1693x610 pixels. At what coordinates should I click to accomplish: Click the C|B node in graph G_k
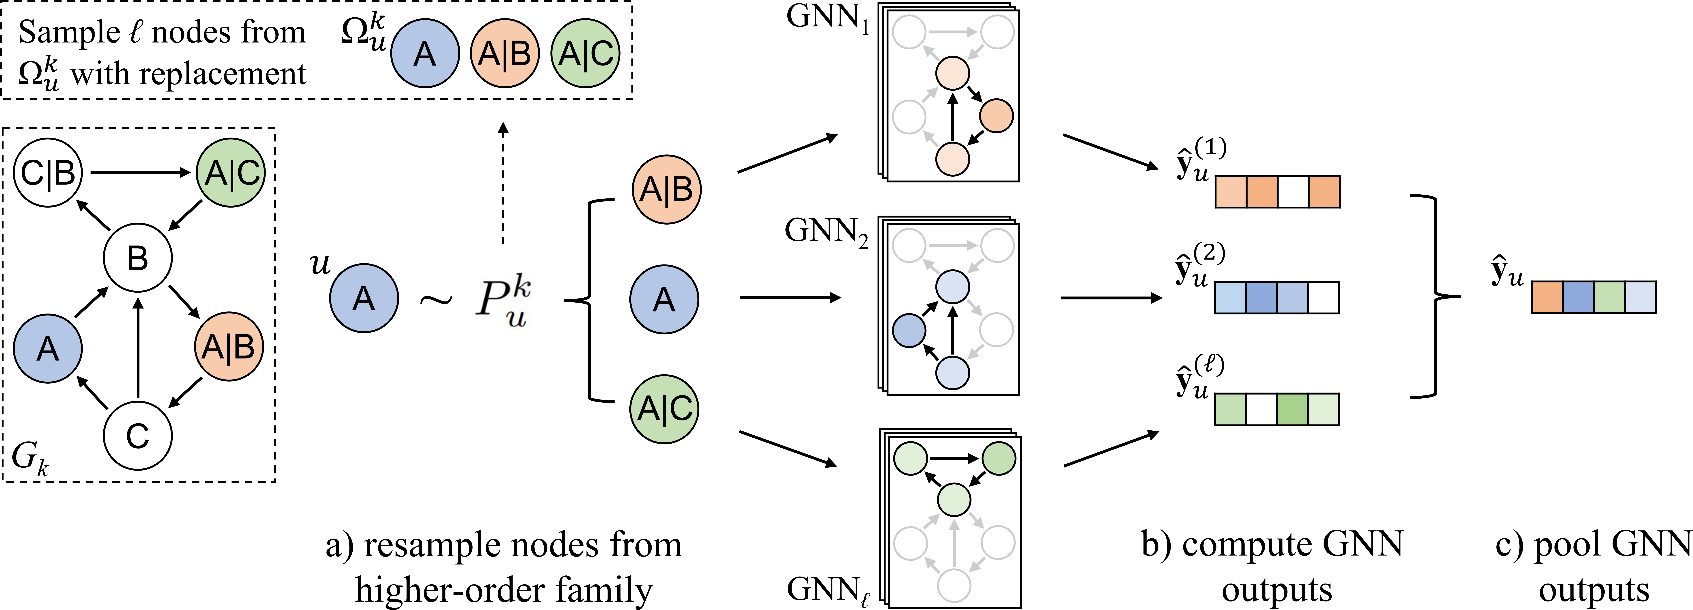[47, 173]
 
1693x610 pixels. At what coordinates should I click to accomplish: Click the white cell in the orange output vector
[1293, 192]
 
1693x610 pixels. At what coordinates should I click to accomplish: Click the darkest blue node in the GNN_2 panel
[910, 331]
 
